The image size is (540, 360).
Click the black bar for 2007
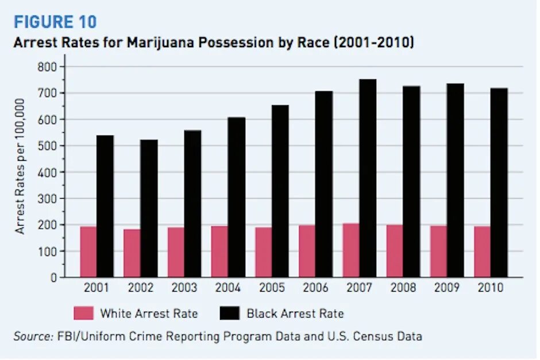[x=368, y=178]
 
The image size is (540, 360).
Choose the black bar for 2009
[x=455, y=180]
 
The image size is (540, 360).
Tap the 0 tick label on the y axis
[x=53, y=277]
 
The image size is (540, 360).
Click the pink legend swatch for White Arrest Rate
[x=83, y=313]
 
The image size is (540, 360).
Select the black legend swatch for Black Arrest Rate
[x=229, y=313]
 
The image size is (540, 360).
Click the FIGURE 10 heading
[x=55, y=22]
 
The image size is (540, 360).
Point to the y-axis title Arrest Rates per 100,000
[x=21, y=166]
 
